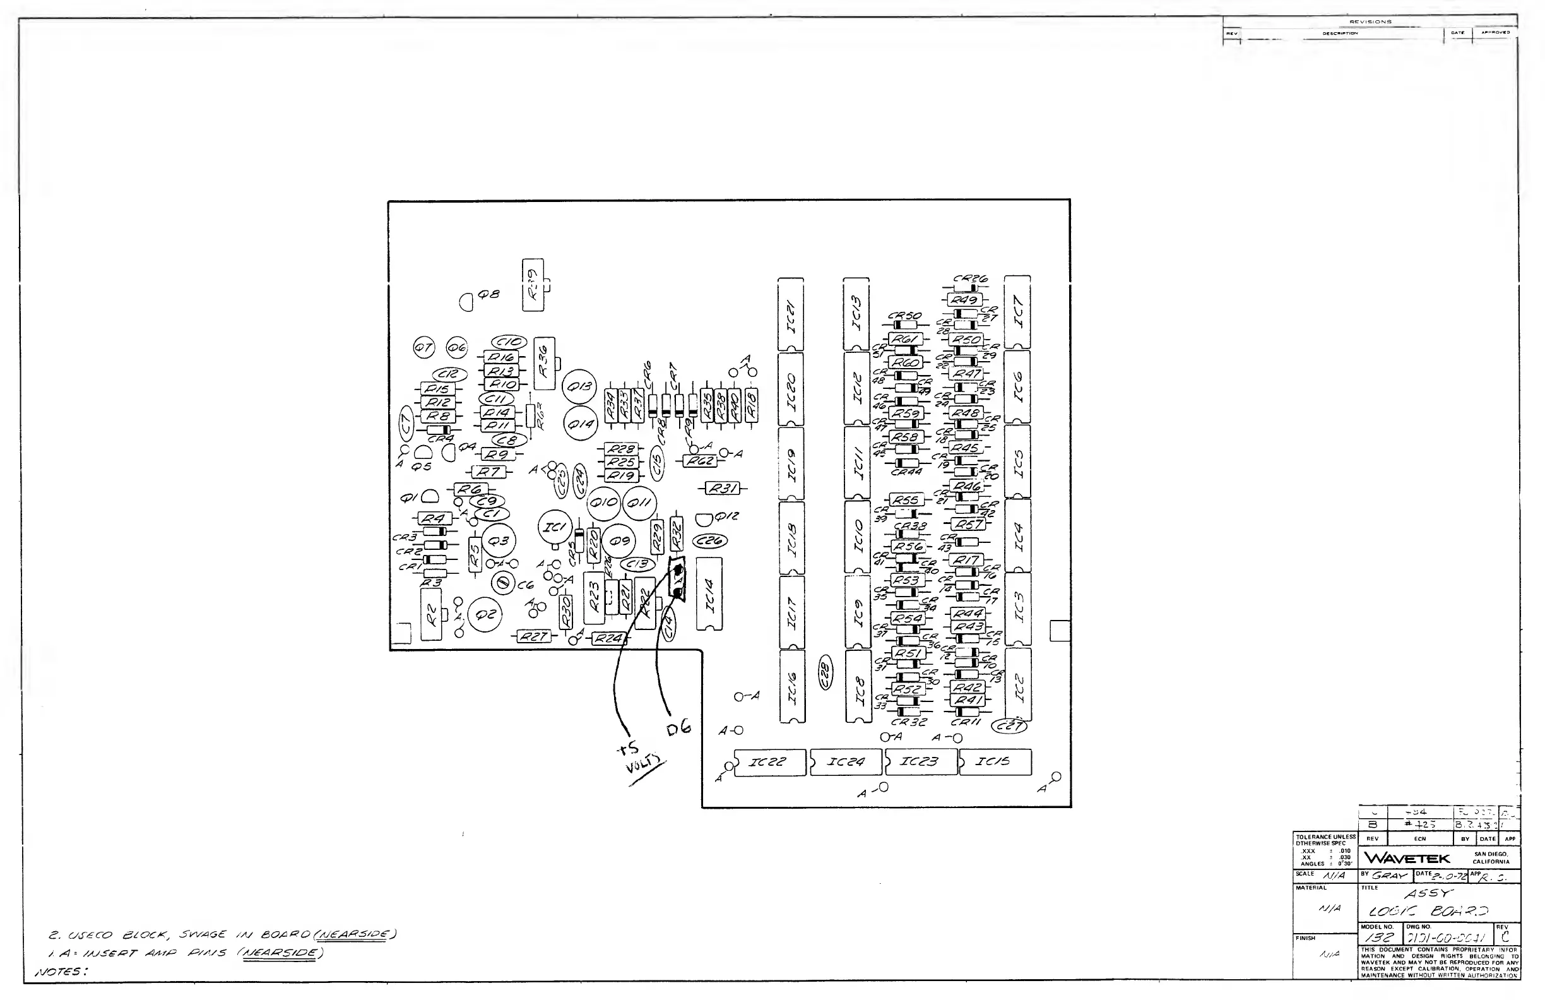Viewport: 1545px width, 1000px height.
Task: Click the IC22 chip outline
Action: [769, 762]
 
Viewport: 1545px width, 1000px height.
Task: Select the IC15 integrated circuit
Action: [995, 762]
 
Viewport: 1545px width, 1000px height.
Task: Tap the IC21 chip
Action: [791, 315]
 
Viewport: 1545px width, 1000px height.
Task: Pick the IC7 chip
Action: [1017, 312]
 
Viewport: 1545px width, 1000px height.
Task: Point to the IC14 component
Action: [709, 594]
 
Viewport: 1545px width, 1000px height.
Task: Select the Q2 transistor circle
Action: [485, 615]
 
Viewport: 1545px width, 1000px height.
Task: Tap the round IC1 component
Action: [555, 527]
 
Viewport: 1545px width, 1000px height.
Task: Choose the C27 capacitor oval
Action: [1010, 726]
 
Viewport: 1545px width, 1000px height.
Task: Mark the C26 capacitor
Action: [710, 540]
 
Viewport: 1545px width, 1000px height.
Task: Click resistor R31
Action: [723, 488]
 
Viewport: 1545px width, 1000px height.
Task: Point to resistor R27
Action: [533, 636]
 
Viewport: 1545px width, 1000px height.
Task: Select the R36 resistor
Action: [544, 364]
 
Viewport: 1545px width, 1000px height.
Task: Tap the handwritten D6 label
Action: [679, 729]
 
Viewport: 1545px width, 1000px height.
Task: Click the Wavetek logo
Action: [1407, 858]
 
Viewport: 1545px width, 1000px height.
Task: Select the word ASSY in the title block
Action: [1428, 894]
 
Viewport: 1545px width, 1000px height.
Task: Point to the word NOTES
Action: [61, 972]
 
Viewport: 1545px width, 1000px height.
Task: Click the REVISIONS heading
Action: [1370, 21]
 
